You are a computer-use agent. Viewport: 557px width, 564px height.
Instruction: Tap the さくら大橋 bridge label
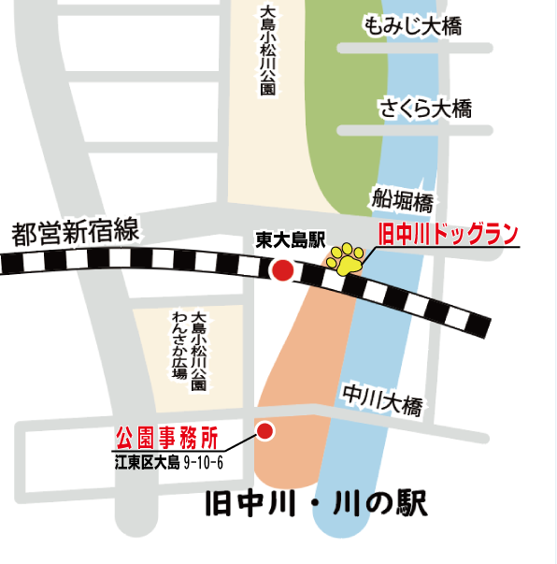click(x=425, y=108)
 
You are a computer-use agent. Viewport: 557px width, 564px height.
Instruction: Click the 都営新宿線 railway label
click(x=75, y=233)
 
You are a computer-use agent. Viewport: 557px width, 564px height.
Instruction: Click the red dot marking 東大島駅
click(x=281, y=270)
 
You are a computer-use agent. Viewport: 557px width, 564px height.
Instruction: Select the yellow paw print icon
click(x=345, y=258)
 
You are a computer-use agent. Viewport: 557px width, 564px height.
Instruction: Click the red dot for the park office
click(x=265, y=431)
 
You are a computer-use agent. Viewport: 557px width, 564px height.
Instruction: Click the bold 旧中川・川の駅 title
click(x=316, y=506)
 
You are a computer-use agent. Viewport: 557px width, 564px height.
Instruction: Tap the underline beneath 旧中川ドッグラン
click(x=449, y=247)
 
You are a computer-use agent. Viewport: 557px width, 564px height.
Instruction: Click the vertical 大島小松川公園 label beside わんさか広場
click(x=198, y=352)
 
